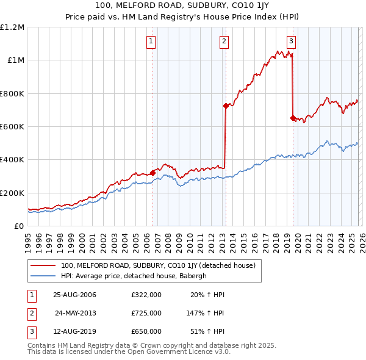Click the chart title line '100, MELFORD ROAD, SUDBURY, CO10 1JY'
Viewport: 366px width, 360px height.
(183, 5)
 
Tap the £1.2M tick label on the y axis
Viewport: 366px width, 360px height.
(13, 27)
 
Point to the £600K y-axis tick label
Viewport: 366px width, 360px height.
(12, 127)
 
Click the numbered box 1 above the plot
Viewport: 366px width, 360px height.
(151, 41)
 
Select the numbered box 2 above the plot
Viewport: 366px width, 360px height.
(224, 41)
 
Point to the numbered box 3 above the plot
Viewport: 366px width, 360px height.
(292, 41)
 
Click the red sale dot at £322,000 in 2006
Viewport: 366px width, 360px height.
(153, 173)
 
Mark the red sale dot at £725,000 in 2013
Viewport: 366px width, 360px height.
(226, 106)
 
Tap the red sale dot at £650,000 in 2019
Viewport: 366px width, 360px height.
(293, 118)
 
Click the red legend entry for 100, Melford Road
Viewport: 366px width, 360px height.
(161, 265)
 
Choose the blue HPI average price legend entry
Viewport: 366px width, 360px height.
(142, 276)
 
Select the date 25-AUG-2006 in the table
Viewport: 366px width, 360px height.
(74, 295)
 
